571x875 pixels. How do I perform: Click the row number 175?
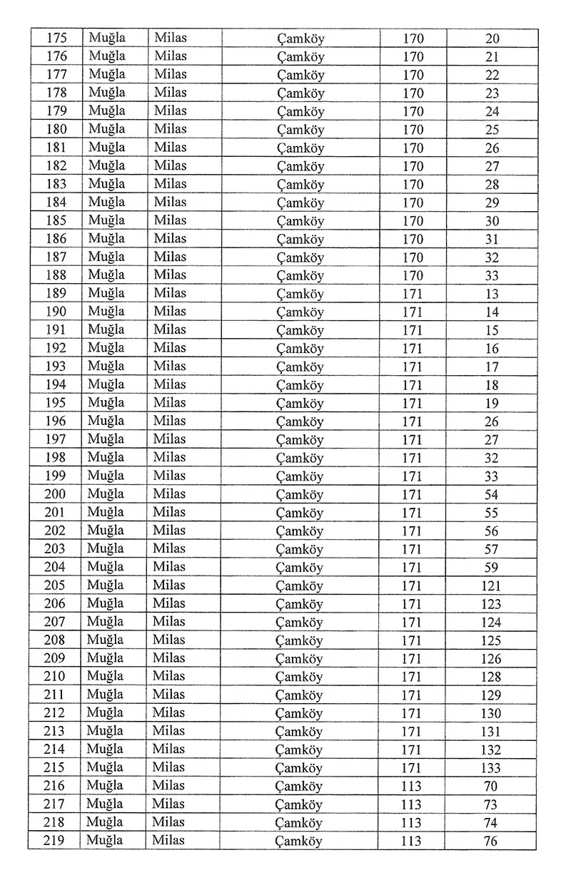[x=56, y=39]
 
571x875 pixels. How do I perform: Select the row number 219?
[x=55, y=841]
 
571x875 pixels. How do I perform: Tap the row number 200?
[x=55, y=494]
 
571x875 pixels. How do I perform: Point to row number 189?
[x=56, y=294]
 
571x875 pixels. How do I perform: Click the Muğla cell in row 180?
[x=106, y=129]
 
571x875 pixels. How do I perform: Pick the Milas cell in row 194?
[x=170, y=384]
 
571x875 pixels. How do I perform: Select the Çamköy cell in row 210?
[x=300, y=677]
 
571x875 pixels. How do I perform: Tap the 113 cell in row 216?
[x=411, y=786]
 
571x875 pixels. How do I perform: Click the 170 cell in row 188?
[x=413, y=275]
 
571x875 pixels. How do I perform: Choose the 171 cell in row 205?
[x=412, y=585]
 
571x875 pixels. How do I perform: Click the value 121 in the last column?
[x=491, y=585]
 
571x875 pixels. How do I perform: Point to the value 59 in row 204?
[x=491, y=568]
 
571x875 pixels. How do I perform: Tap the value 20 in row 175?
[x=492, y=39]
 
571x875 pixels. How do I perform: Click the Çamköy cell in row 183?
[x=300, y=185]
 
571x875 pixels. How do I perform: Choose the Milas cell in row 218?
[x=169, y=822]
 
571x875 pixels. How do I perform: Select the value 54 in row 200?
[x=491, y=494]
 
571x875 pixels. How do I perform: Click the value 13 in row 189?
[x=492, y=294]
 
